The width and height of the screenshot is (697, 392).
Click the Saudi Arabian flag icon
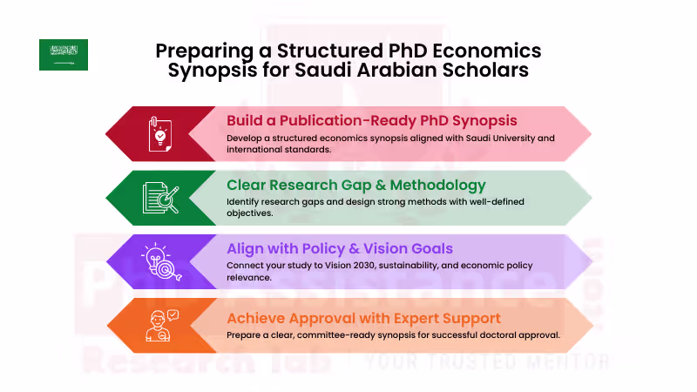(63, 55)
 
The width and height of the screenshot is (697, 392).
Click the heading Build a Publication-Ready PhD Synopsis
(372, 120)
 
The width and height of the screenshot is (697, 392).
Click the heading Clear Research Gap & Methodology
(356, 185)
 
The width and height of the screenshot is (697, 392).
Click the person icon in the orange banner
(160, 324)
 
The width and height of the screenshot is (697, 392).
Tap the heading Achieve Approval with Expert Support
(363, 317)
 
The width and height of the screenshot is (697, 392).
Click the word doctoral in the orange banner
(494, 335)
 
